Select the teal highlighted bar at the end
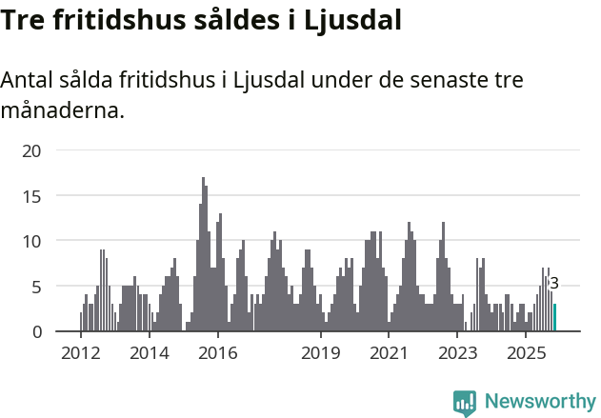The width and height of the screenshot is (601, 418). point(555,318)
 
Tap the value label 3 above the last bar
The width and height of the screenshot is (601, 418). point(554,283)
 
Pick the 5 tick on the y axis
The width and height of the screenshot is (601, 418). point(36,287)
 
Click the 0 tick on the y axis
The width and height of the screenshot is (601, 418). point(36,331)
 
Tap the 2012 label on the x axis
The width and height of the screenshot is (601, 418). point(80,354)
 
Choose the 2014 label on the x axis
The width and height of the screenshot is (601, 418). point(150,354)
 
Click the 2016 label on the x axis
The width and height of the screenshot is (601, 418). point(218,354)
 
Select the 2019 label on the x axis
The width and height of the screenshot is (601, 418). point(321,354)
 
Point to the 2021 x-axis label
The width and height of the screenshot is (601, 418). point(389,354)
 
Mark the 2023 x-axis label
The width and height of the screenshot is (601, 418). point(457,354)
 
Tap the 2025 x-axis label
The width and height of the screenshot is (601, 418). point(526,354)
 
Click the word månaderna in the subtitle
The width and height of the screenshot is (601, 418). point(63,110)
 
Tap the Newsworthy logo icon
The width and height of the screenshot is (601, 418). point(465,403)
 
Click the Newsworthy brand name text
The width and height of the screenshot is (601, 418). point(540,402)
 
